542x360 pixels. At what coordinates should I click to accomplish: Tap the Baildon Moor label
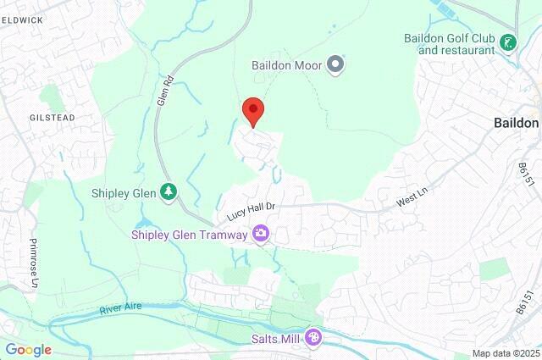click(289, 64)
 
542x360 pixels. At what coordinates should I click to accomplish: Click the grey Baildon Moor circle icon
click(336, 64)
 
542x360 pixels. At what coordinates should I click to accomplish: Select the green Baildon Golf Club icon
click(508, 42)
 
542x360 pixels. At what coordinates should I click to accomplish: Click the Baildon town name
click(516, 123)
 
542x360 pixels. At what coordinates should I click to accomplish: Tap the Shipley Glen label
click(124, 192)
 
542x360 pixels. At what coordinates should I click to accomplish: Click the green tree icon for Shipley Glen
click(169, 192)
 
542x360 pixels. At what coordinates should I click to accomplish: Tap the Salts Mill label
click(274, 339)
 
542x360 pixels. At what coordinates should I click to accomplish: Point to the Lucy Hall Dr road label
click(252, 211)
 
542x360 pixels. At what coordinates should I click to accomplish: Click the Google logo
click(28, 349)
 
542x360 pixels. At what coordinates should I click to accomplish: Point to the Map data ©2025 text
click(505, 353)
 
